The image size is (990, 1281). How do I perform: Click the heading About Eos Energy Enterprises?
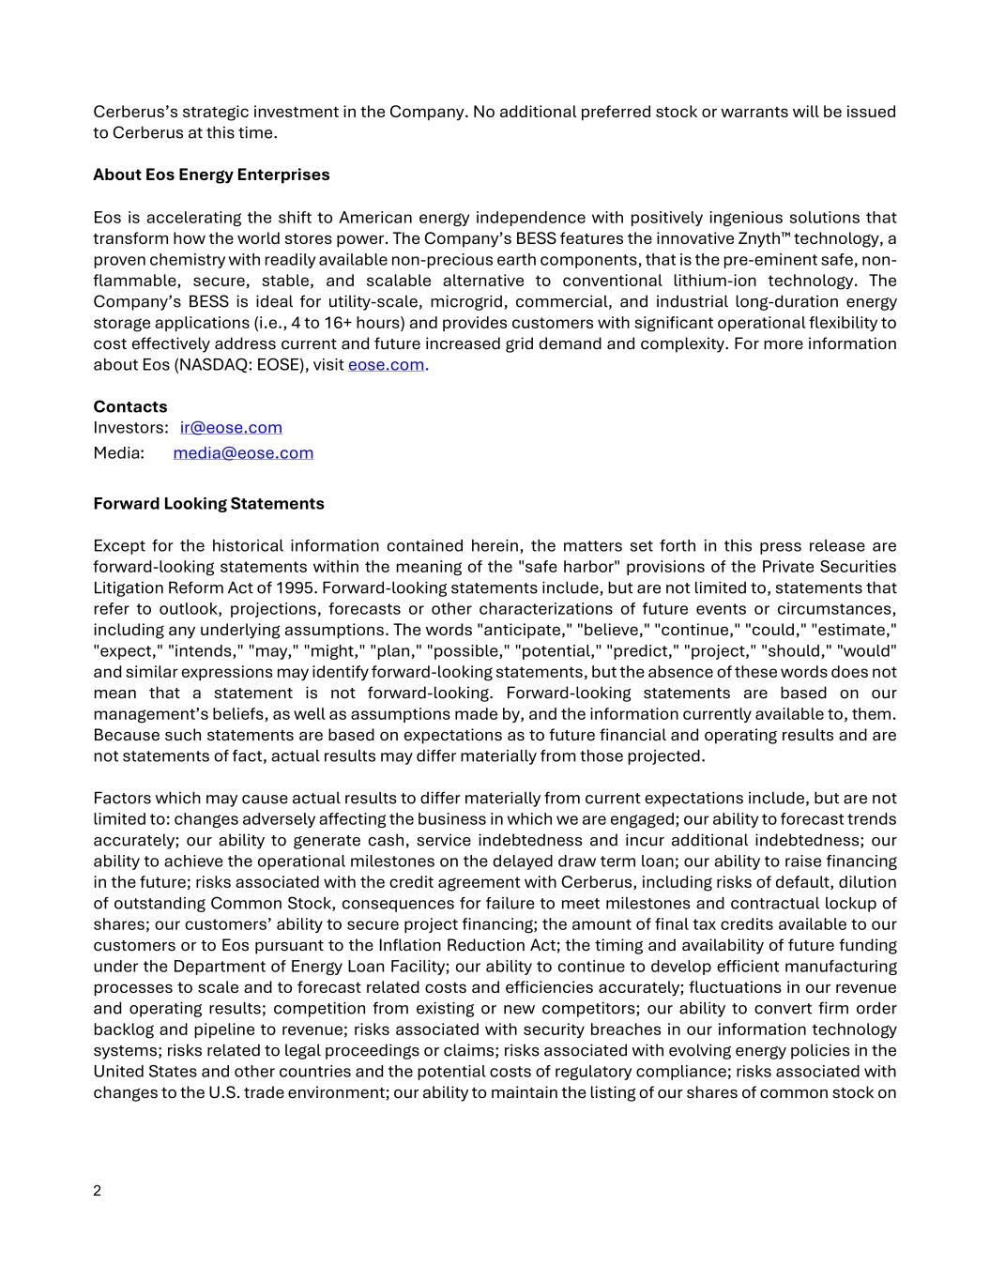coord(211,175)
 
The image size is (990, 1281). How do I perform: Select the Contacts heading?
coord(130,406)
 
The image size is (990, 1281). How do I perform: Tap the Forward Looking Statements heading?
coord(208,503)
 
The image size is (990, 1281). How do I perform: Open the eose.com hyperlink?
coord(386,364)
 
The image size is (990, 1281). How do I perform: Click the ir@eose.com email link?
coord(231,428)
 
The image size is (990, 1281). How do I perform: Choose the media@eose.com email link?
coord(243,453)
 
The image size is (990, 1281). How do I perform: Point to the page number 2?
coord(98,1191)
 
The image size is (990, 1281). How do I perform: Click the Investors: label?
coord(130,428)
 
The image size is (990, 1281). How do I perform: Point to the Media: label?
coord(119,453)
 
